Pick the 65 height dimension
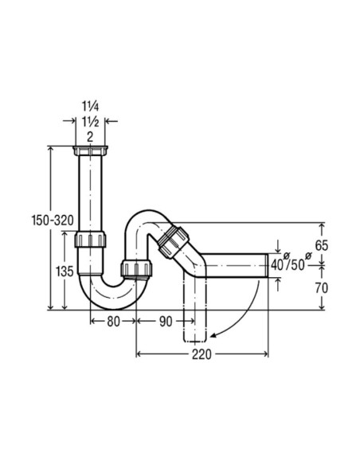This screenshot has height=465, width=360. click(321, 244)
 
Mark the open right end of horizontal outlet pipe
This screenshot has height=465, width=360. click(265, 264)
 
